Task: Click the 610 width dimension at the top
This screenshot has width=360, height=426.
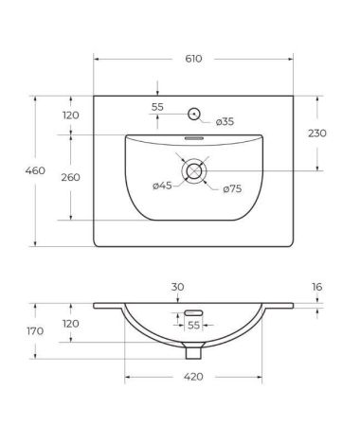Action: click(x=193, y=59)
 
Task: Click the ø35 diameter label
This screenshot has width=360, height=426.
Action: click(x=225, y=121)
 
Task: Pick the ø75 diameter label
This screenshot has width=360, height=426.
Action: click(x=233, y=189)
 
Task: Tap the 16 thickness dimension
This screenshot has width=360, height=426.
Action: click(x=317, y=286)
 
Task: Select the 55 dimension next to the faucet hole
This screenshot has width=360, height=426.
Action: click(x=157, y=107)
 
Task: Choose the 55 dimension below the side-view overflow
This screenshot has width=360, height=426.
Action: click(x=193, y=325)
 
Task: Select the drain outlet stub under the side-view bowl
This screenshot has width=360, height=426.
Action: click(x=193, y=353)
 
